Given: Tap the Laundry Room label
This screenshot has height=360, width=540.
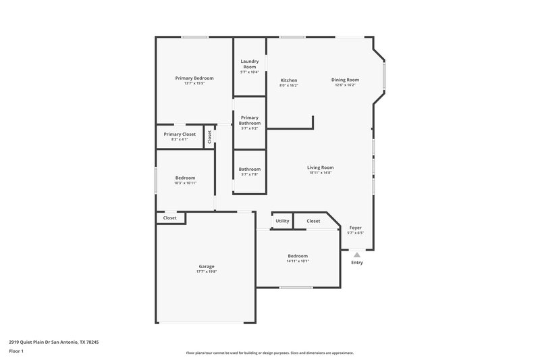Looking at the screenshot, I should tap(250, 64).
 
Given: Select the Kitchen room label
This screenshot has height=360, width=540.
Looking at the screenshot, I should tap(289, 80).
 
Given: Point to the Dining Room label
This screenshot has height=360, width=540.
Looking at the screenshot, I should tap(344, 80).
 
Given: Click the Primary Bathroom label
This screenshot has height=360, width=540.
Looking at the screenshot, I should tap(249, 120).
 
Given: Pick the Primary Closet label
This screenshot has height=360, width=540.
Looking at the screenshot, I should tap(180, 134).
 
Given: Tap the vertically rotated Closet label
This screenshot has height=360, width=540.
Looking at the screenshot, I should tap(209, 136).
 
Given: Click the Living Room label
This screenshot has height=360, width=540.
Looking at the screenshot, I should tap(320, 168).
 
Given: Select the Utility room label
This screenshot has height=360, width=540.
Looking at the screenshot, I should tap(282, 221).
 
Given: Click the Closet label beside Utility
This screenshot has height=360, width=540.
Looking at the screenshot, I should tap(313, 221).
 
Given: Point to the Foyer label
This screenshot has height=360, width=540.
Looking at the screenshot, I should tap(355, 228).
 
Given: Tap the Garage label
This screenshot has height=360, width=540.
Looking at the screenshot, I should tap(206, 266).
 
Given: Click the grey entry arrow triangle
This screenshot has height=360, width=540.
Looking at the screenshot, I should tap(357, 255).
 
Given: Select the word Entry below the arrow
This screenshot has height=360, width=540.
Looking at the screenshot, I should tap(357, 263).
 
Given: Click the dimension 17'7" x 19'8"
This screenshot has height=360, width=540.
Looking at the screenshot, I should tap(206, 272).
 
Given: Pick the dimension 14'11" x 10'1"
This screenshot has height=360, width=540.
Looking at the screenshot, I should tap(298, 261).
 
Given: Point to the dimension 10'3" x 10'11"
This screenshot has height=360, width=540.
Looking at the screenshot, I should tap(185, 183).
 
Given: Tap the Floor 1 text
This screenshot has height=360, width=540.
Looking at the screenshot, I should tap(17, 352).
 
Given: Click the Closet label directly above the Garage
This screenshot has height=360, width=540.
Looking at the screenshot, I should tap(170, 218).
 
